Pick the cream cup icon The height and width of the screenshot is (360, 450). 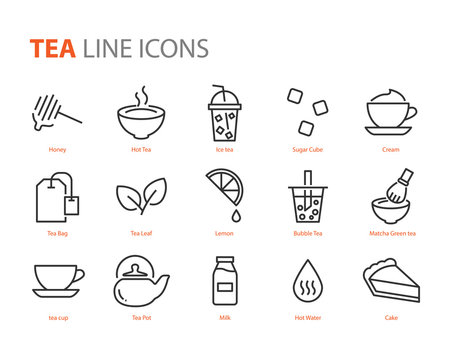tap(390, 113)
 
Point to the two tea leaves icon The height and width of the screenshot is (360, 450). tap(140, 197)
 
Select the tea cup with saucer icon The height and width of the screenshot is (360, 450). tap(58, 280)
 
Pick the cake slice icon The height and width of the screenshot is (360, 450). tap(391, 281)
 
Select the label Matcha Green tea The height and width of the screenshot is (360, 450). tap(391, 234)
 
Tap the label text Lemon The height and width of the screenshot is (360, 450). tap(224, 234)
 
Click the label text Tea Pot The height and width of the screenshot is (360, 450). tap(140, 318)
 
